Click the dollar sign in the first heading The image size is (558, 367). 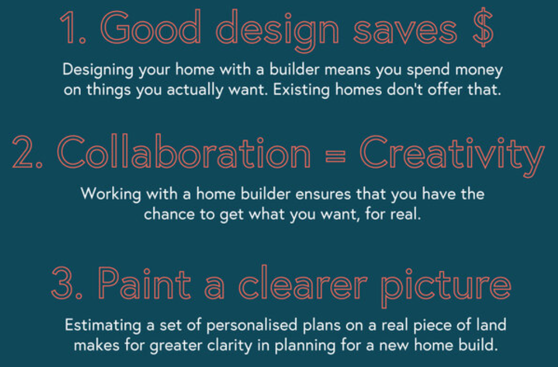tap(483, 28)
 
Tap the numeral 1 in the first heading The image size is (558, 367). tap(68, 28)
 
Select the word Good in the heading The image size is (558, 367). tap(151, 27)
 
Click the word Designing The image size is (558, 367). tap(98, 70)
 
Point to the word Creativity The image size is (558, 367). tap(452, 155)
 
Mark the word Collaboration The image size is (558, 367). tap(184, 152)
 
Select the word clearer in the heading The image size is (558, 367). tap(303, 283)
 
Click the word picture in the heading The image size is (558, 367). tap(446, 287)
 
